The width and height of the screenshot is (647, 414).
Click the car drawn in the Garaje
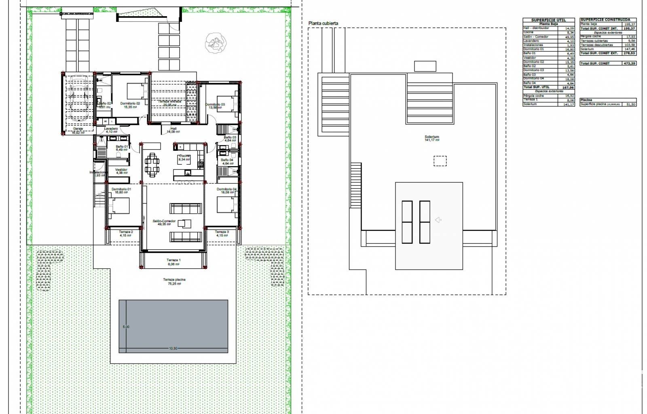pos(80,98)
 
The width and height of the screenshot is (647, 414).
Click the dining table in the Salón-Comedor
pos(152,165)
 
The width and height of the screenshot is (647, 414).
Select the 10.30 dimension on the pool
pos(173,348)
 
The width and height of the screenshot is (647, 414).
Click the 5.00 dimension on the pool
pos(126,327)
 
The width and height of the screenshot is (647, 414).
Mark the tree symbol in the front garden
pos(216,43)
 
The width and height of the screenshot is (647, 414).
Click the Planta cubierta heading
pos(323,23)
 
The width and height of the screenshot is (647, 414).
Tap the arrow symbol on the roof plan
pos(438,220)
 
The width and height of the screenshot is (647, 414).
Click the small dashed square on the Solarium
pos(440,161)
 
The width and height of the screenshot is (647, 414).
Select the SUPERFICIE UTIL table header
pos(548,20)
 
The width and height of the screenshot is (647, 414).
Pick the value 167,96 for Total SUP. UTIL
pos(568,87)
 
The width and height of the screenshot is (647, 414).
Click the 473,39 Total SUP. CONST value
pos(629,63)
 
